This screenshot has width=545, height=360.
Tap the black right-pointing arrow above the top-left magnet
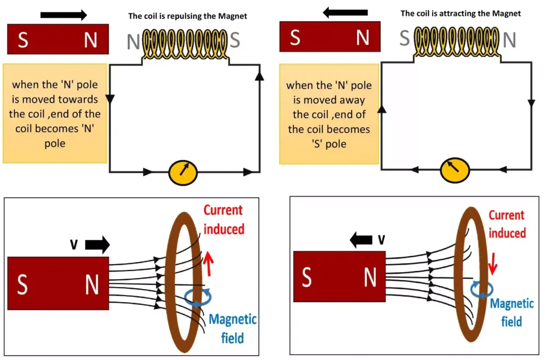pos(63,15)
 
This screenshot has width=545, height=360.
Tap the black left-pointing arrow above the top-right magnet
pos(345,12)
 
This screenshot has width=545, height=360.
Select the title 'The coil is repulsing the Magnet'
pos(188,16)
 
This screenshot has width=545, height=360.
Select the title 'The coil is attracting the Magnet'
pos(460,13)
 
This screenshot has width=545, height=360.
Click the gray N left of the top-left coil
pos(133,42)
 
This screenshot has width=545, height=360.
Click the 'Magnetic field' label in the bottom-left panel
pos(233,328)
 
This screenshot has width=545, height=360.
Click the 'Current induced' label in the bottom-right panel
pos(507,224)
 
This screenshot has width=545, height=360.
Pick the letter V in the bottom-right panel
pos(381,240)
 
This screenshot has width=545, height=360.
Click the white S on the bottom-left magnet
pos(22,285)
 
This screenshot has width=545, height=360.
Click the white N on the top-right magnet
pos(362,38)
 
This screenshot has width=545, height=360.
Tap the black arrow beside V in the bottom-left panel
pos(97,244)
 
